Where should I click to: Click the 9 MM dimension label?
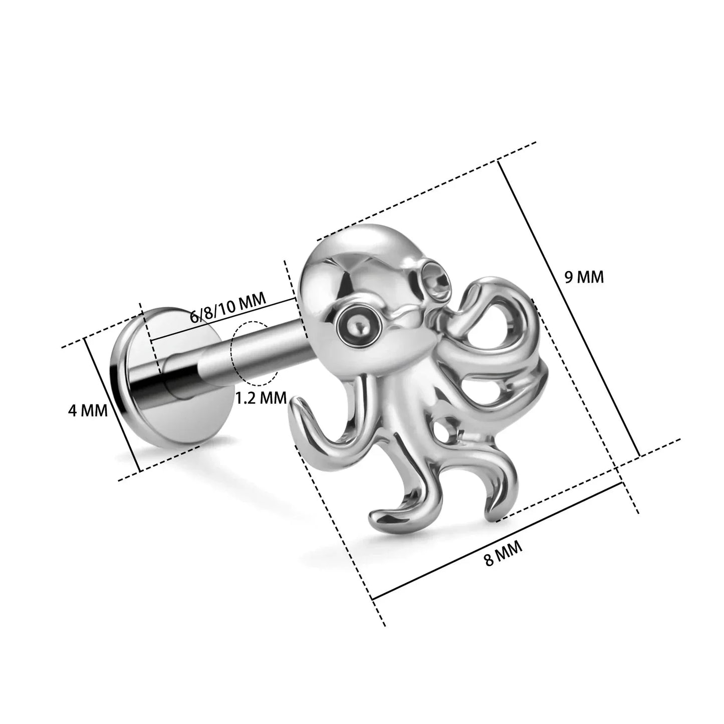coord(584,277)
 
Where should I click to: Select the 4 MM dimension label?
coord(88,411)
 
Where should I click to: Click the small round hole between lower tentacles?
coord(445,431)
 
